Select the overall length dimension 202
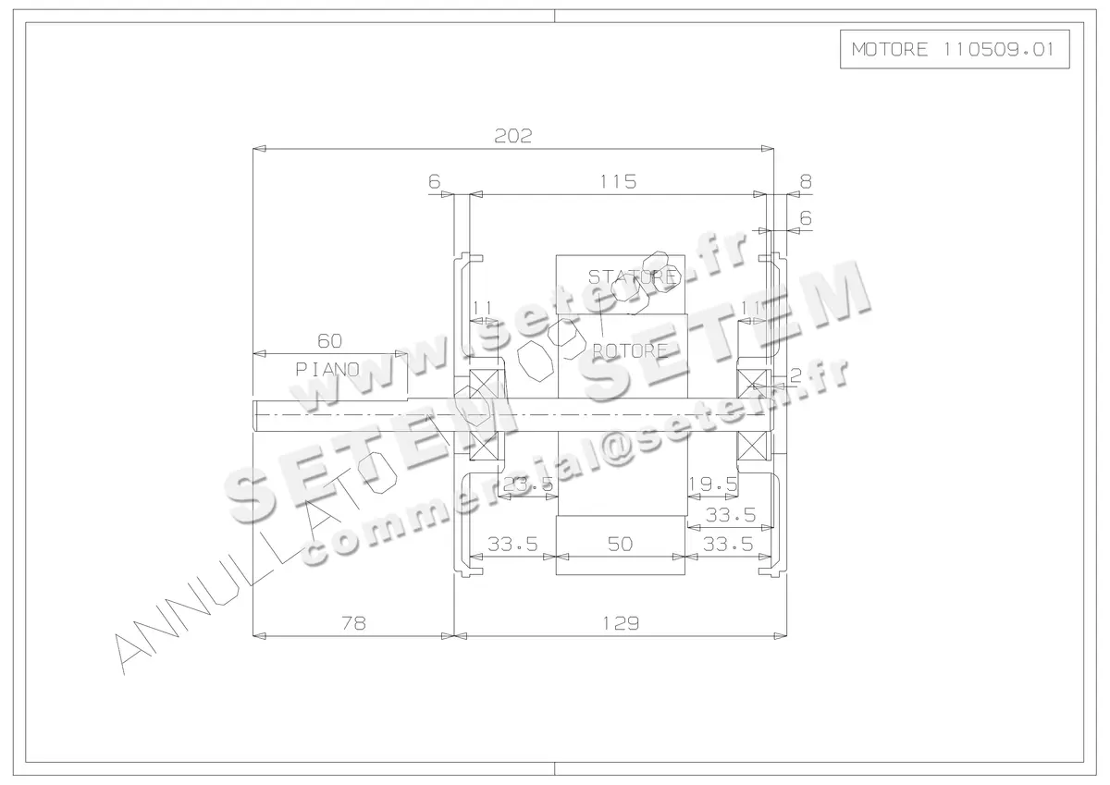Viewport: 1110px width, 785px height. (513, 136)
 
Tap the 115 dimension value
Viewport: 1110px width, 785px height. (618, 182)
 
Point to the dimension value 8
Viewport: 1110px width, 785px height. (806, 182)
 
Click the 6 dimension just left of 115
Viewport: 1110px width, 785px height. (435, 182)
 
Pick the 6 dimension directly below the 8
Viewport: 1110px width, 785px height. (806, 219)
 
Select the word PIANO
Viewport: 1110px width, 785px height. (327, 368)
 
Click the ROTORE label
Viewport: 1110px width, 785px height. (630, 350)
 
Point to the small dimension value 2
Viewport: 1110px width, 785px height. (795, 374)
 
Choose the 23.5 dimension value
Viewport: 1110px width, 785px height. (528, 484)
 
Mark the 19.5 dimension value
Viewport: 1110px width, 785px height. (713, 484)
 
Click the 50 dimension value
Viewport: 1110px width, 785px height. (621, 545)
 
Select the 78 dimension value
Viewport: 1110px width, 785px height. (353, 624)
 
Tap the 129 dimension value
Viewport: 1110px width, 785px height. (621, 624)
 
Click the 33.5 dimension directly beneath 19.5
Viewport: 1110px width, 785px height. (731, 514)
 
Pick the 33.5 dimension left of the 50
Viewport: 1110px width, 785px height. (512, 545)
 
